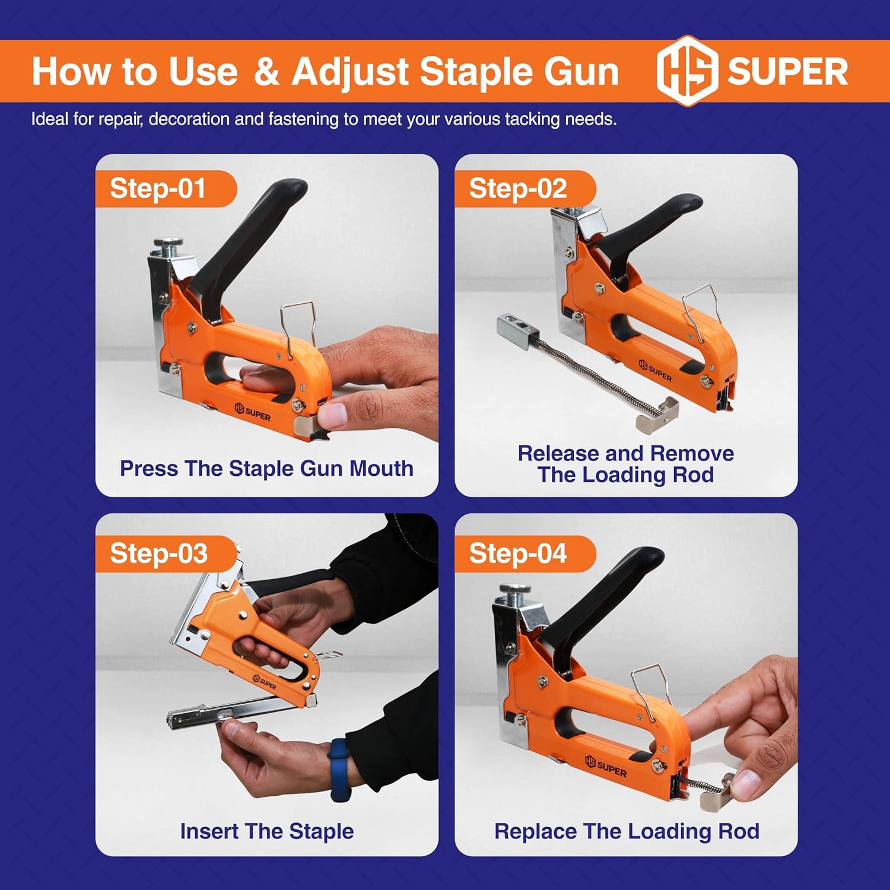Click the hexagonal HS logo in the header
click(687, 71)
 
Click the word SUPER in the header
click(787, 71)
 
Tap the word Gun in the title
click(581, 72)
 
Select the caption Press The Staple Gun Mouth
click(266, 468)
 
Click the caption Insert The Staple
click(267, 831)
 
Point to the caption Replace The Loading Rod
click(627, 831)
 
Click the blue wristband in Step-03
click(340, 770)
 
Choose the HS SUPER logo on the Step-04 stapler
click(606, 767)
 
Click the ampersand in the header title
click(266, 72)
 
